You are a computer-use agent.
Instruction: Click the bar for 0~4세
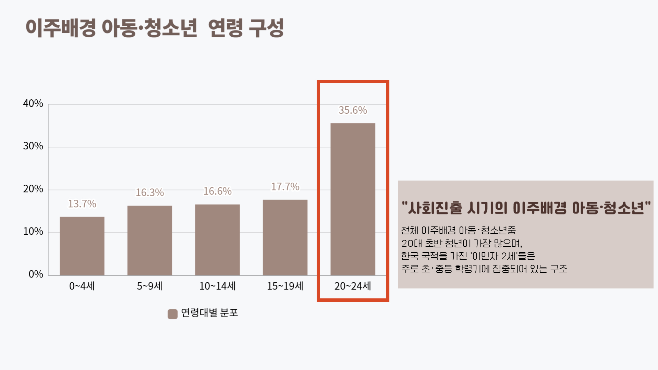pyautogui.click(x=82, y=246)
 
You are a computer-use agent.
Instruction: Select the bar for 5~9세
pyautogui.click(x=150, y=241)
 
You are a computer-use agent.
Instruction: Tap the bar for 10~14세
pyautogui.click(x=217, y=240)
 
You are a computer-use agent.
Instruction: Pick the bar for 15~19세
pyautogui.click(x=285, y=237)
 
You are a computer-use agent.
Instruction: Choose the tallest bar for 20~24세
pyautogui.click(x=353, y=199)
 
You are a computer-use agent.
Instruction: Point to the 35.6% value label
pyautogui.click(x=353, y=110)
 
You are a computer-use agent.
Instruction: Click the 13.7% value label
pyautogui.click(x=82, y=204)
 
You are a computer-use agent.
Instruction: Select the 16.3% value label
pyautogui.click(x=150, y=193)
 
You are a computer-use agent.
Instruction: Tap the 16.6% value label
pyautogui.click(x=217, y=191)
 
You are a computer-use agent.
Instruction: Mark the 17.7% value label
pyautogui.click(x=285, y=187)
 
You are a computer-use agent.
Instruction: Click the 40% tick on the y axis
pyautogui.click(x=33, y=103)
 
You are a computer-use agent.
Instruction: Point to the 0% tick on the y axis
pyautogui.click(x=36, y=274)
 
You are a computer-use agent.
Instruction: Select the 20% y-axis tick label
pyautogui.click(x=33, y=189)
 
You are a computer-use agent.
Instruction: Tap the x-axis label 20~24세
pyautogui.click(x=353, y=286)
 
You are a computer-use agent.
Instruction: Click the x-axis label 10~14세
pyautogui.click(x=217, y=286)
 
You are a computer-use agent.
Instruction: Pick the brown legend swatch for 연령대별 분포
pyautogui.click(x=172, y=314)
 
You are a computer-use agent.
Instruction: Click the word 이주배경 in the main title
pyautogui.click(x=61, y=28)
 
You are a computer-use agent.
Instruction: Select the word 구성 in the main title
pyautogui.click(x=266, y=28)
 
